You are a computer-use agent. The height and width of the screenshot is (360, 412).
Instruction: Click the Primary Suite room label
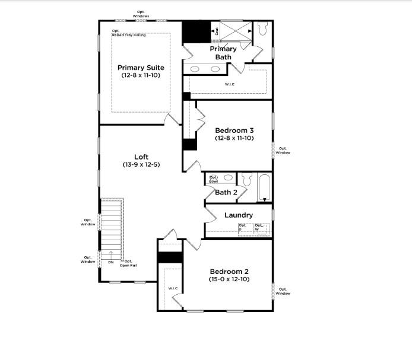[140, 68]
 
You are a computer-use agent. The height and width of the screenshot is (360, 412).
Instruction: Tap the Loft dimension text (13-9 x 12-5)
[141, 164]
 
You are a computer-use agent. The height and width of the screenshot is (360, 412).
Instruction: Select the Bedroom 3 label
[234, 130]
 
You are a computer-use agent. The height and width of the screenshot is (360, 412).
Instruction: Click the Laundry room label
[239, 215]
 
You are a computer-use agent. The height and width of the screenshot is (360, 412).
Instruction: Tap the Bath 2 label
[226, 192]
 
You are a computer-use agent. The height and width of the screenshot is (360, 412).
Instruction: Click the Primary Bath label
[223, 53]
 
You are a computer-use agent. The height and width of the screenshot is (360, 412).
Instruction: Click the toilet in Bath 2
[246, 179]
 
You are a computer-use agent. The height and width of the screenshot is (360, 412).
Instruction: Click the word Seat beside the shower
[216, 30]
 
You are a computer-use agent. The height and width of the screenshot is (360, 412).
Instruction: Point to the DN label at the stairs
[110, 262]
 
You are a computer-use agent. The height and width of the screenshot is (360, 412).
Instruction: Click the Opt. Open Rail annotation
[128, 263]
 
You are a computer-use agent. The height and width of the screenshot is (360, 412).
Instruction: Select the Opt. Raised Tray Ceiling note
[128, 33]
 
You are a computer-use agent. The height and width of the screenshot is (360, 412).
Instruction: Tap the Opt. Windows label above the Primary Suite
[141, 13]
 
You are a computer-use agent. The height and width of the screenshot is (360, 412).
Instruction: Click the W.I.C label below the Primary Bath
[229, 84]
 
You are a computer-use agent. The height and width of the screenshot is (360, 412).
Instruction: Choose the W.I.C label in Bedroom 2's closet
[173, 288]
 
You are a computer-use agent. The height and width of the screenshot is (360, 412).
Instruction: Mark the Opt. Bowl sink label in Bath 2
[213, 179]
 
